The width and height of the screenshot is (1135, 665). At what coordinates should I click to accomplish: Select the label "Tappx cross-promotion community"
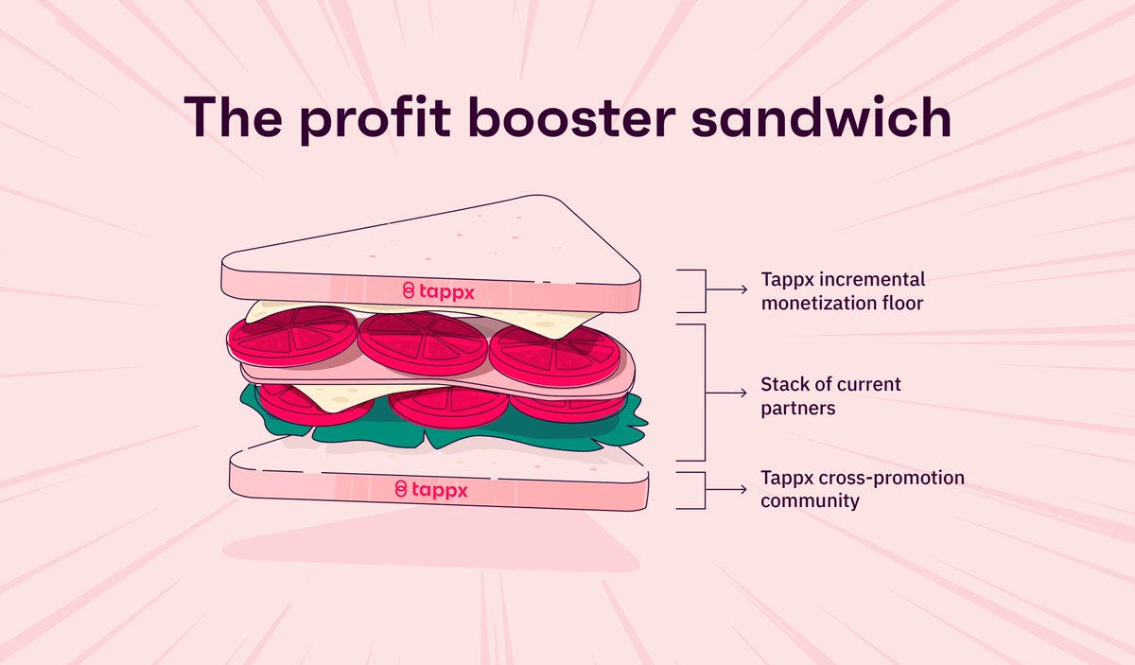point(863,489)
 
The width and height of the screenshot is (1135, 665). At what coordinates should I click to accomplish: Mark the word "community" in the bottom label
point(810,500)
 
